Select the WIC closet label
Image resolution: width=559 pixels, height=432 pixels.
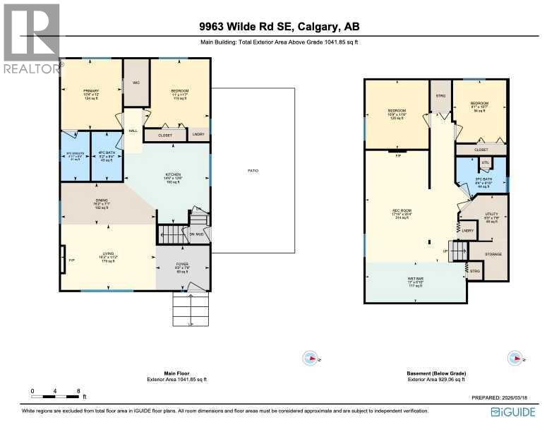point(136,83)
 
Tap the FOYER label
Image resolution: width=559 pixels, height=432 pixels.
point(182,266)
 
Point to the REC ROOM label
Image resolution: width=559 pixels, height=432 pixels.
point(402,212)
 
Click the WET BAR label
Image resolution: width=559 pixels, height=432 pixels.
point(416,282)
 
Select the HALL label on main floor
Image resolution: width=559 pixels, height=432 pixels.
point(133,131)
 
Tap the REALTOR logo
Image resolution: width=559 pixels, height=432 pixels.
point(32,39)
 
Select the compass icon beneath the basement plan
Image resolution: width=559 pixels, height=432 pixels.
point(516,359)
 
